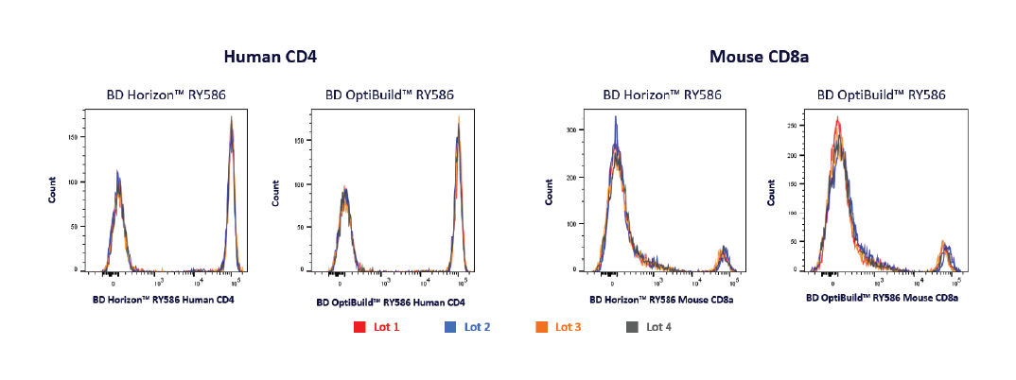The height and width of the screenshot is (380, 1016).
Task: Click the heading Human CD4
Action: [270, 57]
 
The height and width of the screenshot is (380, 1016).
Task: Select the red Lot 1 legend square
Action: [359, 327]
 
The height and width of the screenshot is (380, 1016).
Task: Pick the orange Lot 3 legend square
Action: [542, 327]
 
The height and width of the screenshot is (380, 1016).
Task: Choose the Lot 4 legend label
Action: [660, 327]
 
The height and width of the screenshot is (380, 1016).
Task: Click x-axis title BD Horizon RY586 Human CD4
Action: [163, 300]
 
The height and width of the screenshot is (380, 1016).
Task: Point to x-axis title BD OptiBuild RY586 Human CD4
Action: [391, 302]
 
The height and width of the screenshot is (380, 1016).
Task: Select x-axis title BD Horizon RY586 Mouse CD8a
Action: [662, 300]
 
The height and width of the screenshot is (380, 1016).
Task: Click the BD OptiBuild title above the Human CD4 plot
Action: [390, 95]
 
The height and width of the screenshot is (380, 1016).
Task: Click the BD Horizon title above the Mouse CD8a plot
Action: [662, 95]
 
